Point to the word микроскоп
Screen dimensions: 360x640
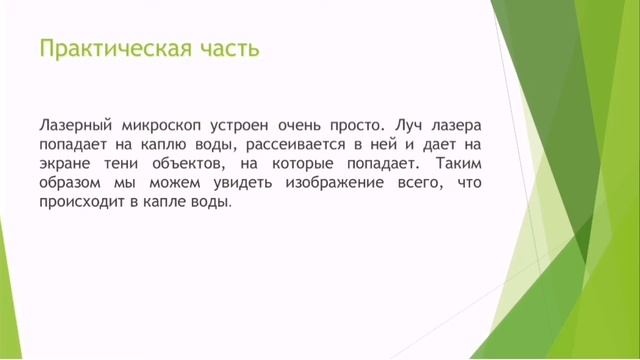click(x=160, y=127)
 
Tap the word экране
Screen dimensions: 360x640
click(x=65, y=164)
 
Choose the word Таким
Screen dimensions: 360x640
click(x=460, y=164)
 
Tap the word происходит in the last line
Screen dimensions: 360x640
click(x=79, y=201)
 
